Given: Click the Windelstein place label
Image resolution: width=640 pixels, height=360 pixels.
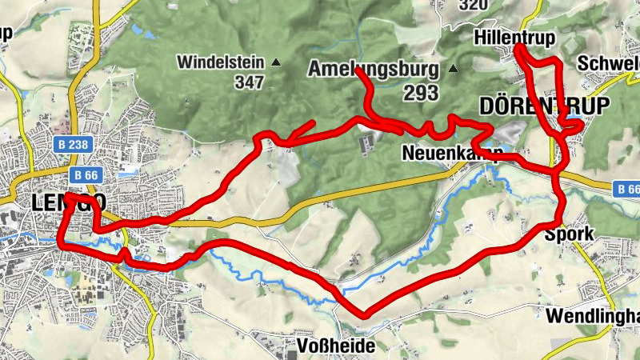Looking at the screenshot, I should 222,62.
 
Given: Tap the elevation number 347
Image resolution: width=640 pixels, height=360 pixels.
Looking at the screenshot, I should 249,82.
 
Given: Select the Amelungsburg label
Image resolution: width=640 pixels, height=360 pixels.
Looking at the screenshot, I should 373,69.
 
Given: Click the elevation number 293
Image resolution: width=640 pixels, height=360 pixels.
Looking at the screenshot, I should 421,93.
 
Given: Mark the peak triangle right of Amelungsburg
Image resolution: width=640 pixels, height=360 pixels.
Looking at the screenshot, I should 454,69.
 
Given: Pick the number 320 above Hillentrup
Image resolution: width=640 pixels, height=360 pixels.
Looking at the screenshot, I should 474,5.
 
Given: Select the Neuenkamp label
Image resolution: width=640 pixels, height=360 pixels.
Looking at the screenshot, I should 453,152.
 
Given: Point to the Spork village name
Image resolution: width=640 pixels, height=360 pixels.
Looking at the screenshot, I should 569,234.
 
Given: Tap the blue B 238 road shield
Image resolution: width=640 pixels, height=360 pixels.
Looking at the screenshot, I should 77,146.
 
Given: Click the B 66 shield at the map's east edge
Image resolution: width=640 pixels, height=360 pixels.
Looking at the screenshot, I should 628,190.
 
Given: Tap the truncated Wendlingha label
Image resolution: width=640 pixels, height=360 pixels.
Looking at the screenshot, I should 592,316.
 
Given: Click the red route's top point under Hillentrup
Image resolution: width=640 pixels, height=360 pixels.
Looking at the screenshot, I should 517,48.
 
